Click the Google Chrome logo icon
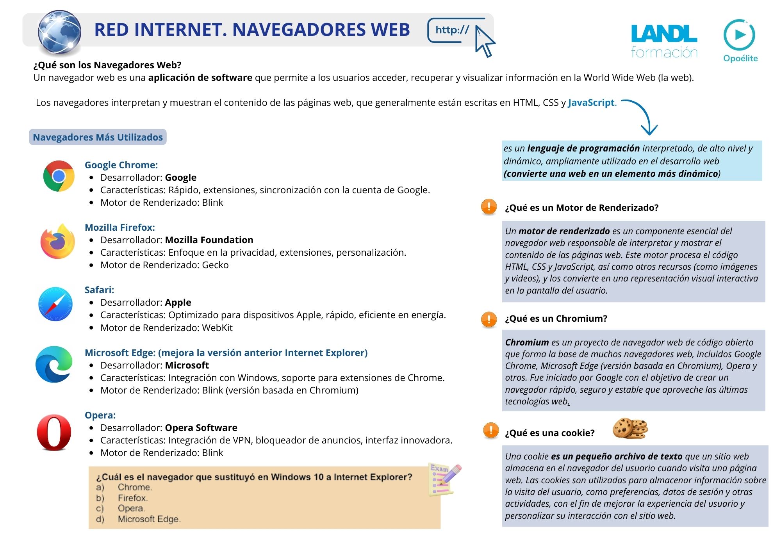pos(59,176)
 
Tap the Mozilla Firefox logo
pos(58,241)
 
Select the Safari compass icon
pos(55,304)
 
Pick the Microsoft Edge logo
pos(54,365)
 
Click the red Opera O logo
pos(54,433)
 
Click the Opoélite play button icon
pos(739,35)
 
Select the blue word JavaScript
pos(591,103)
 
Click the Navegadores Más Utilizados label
pos(98,137)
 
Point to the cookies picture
pos(630,428)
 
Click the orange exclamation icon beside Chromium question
pos(489,319)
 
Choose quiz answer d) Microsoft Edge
pos(148,519)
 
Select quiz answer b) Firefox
pos(132,498)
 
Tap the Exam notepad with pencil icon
pos(444,479)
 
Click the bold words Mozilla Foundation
pos(209,240)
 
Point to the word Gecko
pos(215,265)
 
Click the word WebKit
pos(217,328)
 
